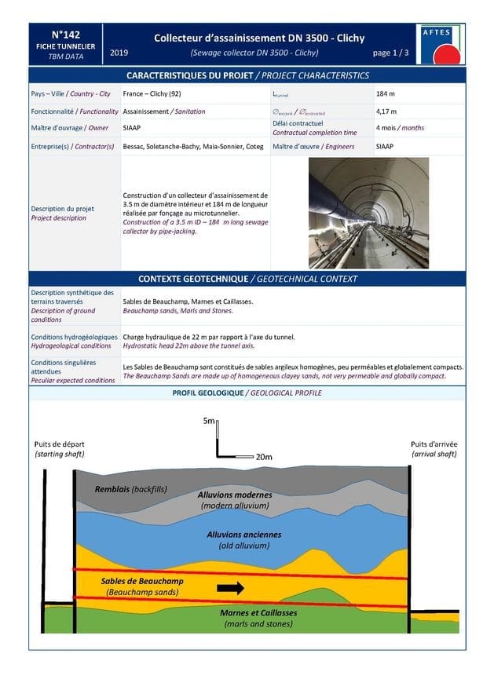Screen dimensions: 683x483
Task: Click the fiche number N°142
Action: tap(65, 35)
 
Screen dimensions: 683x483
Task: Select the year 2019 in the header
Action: tap(120, 53)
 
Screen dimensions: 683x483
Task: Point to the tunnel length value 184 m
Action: tap(386, 94)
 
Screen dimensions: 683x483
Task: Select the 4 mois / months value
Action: tap(401, 128)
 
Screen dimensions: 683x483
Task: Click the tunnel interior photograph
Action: tap(368, 213)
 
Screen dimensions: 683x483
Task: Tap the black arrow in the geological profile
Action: tap(230, 587)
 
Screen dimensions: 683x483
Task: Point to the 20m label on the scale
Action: tap(263, 456)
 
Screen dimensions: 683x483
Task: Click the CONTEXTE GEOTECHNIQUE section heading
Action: tap(247, 279)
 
